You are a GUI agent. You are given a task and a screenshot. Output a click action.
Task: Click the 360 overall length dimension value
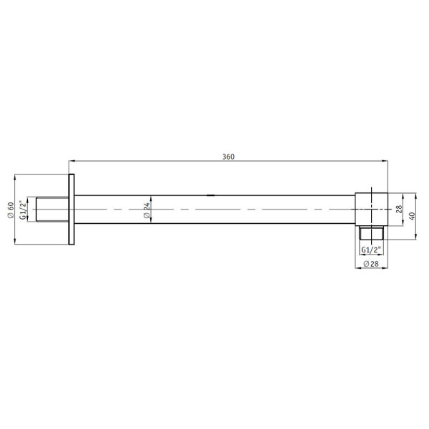[229, 156]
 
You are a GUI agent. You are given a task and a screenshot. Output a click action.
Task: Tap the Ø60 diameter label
[11, 209]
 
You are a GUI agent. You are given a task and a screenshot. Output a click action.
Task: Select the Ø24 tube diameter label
[147, 210]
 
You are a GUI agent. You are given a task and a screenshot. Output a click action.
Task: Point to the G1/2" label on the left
[23, 209]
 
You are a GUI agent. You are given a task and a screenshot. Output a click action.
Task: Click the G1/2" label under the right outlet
[372, 250]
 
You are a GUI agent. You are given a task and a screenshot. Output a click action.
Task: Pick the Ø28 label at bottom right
[371, 264]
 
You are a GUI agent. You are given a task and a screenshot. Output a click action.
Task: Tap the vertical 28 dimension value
[400, 209]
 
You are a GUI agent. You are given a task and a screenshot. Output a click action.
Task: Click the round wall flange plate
[71, 209]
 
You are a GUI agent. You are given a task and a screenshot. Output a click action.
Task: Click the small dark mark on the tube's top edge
[211, 194]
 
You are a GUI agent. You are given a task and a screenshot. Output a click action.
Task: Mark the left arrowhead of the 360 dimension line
[71, 161]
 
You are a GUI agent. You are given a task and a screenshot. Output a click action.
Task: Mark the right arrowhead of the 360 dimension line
[386, 161]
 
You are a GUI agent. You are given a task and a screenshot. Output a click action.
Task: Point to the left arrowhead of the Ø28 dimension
[357, 270]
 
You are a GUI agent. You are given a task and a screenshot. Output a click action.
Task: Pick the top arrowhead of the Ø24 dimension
[152, 196]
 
